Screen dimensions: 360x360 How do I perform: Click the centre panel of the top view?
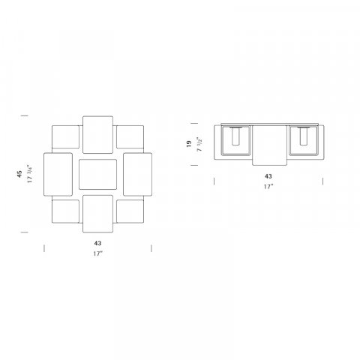tap(97, 174)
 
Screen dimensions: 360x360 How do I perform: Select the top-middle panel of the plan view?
tap(97, 134)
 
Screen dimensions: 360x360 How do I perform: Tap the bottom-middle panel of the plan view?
tap(97, 214)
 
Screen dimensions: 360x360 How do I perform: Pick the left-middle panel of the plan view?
tap(58, 174)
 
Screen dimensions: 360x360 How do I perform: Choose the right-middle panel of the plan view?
tap(137, 174)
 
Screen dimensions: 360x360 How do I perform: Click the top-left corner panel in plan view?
tap(65, 136)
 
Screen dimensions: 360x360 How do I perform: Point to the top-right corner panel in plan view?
tap(130, 136)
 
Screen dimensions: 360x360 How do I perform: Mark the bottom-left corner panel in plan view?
tap(65, 211)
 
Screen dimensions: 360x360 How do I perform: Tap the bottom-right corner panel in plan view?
tap(130, 211)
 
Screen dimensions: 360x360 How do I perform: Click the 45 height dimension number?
tap(19, 174)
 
